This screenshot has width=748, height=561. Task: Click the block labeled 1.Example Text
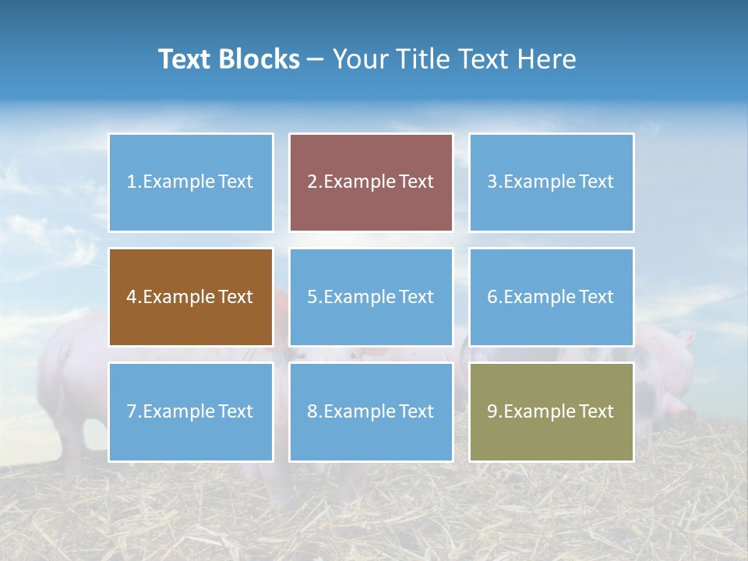click(190, 182)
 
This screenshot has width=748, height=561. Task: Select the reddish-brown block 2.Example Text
click(371, 182)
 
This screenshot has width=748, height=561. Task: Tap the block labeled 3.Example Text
click(551, 182)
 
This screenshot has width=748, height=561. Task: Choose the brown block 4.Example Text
click(190, 297)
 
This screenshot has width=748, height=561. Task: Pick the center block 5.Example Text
click(371, 297)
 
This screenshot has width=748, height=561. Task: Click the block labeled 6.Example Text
click(551, 297)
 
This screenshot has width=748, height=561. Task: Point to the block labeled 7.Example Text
click(190, 411)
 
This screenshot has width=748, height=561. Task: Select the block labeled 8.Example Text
click(371, 411)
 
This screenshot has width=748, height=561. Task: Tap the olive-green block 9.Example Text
click(551, 411)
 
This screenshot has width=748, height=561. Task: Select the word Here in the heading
click(549, 59)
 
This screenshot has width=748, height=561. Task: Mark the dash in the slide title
click(316, 59)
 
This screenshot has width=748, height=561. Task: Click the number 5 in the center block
click(312, 297)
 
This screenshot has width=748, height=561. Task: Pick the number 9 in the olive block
click(492, 411)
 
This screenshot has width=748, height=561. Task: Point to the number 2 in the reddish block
click(312, 182)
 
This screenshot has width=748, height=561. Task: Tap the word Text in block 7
click(235, 411)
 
